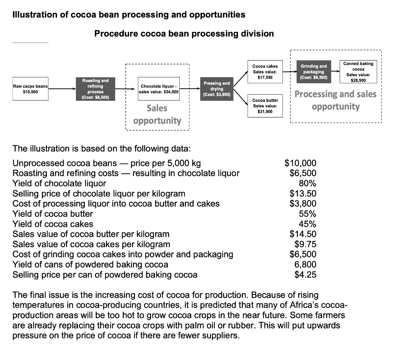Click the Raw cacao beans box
(30, 89)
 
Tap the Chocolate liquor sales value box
(159, 89)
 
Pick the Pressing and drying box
(217, 89)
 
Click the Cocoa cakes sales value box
(265, 72)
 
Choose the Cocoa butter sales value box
(265, 106)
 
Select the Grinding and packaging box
(314, 72)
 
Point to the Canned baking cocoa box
(358, 72)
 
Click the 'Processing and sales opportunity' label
(336, 100)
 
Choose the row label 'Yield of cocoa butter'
(53, 214)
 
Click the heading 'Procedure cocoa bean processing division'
(184, 34)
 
